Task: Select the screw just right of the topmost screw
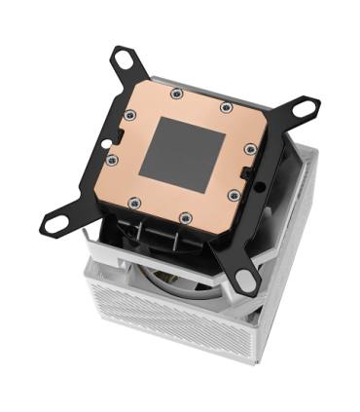tap(225, 106)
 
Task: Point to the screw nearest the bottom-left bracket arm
tap(134, 202)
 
